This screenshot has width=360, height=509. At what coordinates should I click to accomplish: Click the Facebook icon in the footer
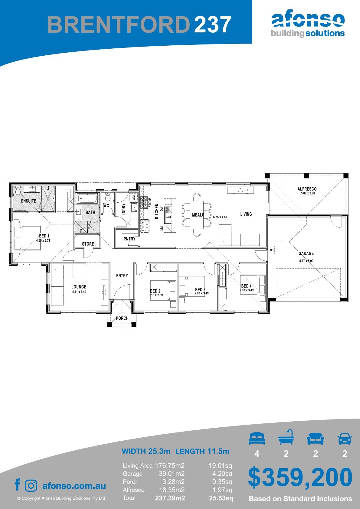(x=18, y=485)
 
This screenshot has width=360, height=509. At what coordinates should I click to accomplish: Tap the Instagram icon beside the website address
(x=31, y=486)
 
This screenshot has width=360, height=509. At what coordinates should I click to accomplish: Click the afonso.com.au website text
(x=74, y=486)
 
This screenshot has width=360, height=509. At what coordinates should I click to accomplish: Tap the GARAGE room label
(x=306, y=253)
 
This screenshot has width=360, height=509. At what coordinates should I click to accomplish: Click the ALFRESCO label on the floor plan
(x=307, y=189)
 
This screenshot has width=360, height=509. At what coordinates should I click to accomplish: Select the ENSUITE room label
(x=29, y=201)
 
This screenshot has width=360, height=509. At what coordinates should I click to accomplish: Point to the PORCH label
(x=122, y=318)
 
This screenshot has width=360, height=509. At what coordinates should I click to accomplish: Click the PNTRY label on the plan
(x=129, y=239)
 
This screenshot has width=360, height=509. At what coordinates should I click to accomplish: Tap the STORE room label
(x=88, y=244)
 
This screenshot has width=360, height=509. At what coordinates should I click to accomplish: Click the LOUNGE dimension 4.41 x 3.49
(x=79, y=292)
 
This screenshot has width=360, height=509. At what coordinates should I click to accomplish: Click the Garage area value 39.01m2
(x=172, y=474)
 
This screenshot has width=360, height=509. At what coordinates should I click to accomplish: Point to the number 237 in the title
(x=213, y=24)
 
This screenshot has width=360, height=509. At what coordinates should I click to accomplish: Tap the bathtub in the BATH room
(x=87, y=199)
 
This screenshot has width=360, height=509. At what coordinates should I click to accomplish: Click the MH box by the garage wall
(x=272, y=250)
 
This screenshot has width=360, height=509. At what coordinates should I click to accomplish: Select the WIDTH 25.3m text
(x=146, y=451)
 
